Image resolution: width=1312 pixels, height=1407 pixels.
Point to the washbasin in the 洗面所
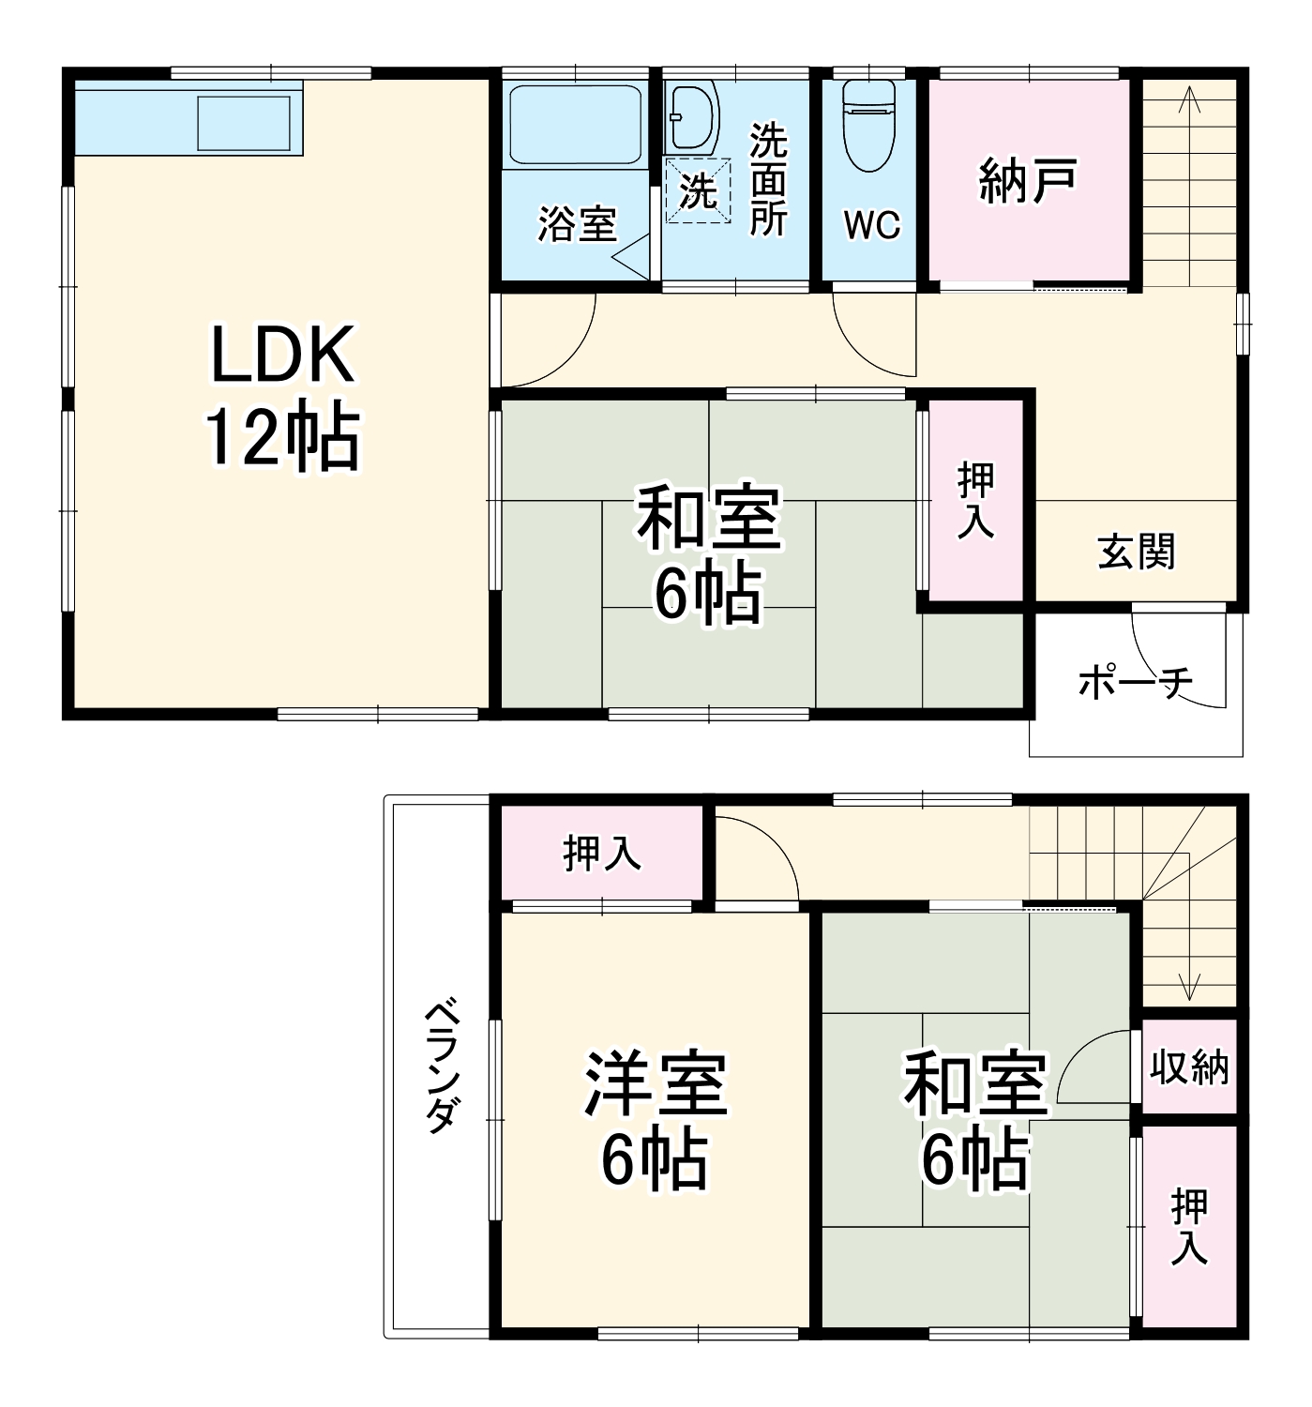pos(693,116)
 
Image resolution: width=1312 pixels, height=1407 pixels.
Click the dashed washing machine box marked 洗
pos(698,190)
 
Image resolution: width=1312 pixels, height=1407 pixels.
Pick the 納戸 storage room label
pos(1028,181)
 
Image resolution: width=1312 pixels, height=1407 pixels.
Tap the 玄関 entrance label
pos(1137,551)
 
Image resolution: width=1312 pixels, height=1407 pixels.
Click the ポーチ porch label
pos(1135,682)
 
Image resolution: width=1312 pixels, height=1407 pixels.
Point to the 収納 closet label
pos(1189,1067)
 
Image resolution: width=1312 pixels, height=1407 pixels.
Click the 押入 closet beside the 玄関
pos(975,501)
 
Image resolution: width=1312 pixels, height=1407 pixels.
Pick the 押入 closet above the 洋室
pos(602,855)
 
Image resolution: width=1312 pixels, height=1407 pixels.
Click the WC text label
pos(871,225)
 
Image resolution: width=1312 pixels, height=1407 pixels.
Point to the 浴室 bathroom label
pos(577,224)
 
